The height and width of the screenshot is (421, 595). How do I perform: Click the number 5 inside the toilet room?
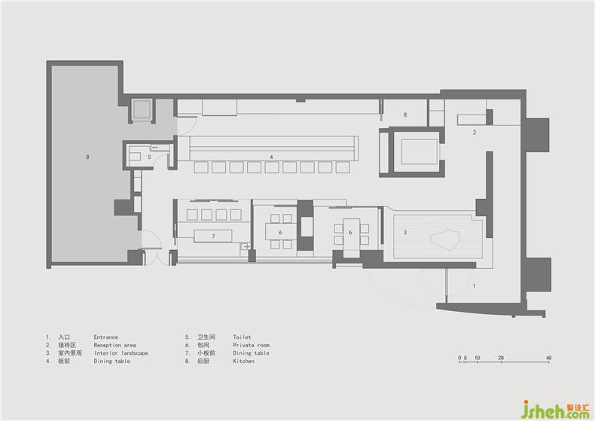(150, 157)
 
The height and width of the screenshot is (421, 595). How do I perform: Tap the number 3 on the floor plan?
(405, 232)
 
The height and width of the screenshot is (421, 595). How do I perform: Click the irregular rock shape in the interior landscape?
(445, 241)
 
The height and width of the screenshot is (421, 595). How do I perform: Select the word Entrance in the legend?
(106, 337)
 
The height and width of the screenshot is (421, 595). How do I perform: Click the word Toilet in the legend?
(242, 337)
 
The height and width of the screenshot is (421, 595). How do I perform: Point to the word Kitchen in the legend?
(243, 361)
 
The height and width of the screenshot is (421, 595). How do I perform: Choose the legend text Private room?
(252, 345)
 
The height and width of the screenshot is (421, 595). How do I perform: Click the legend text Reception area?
(114, 345)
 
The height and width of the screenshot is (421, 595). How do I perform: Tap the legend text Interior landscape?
(121, 353)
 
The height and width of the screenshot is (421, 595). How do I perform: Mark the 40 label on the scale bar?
(549, 358)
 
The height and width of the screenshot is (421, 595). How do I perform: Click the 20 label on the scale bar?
(501, 358)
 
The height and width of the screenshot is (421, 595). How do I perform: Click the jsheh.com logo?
(557, 409)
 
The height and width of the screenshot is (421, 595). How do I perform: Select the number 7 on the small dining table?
(213, 236)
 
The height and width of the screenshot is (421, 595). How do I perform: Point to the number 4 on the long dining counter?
(271, 157)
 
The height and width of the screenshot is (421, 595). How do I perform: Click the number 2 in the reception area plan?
(474, 133)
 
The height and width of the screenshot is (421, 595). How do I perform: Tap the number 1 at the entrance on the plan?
(474, 285)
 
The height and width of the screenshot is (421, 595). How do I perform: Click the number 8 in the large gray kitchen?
(87, 157)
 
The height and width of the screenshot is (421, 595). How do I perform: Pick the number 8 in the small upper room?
(405, 114)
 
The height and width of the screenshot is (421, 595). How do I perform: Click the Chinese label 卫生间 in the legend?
(206, 337)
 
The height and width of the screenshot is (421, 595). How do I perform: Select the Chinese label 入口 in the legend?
(64, 337)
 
